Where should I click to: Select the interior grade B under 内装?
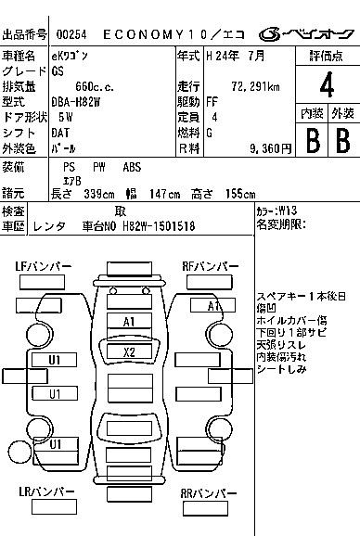coord(313,140)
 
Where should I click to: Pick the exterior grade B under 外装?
coord(341,140)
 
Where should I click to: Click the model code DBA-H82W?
coord(78,101)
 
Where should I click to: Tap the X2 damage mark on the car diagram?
coord(130,352)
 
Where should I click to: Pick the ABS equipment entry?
coord(133,167)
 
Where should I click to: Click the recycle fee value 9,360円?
coord(270,147)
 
